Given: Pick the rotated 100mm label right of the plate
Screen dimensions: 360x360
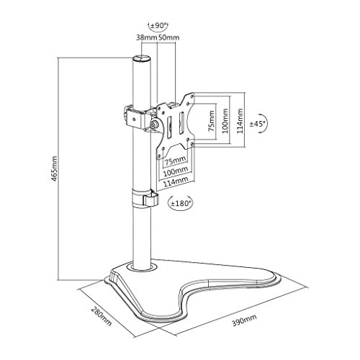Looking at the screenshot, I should click(225, 122).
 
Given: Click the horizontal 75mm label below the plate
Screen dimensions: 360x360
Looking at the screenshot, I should click(174, 159).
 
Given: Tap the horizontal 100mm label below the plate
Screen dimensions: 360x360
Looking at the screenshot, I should click(174, 171).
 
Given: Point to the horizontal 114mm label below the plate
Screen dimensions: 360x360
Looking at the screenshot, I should click(174, 181).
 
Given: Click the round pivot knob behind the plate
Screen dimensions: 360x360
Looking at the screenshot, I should click(153, 124).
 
